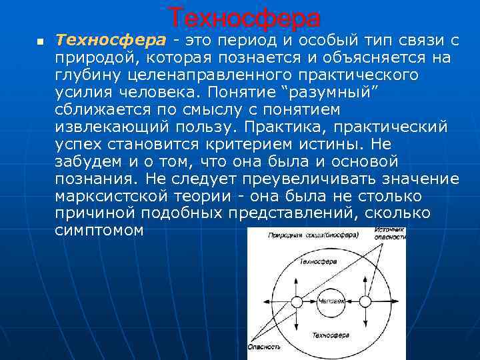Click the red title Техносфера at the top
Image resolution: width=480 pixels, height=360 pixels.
(243, 18)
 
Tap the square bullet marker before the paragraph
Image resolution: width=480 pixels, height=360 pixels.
(39, 42)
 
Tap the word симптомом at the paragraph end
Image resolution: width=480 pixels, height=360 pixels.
(99, 231)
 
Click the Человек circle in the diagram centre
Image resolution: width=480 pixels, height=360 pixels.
(331, 301)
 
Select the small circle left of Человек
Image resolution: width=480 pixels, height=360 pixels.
(297, 301)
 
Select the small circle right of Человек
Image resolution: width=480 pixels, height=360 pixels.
(365, 301)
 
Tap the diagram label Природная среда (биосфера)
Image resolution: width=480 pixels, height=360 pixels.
(313, 235)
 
